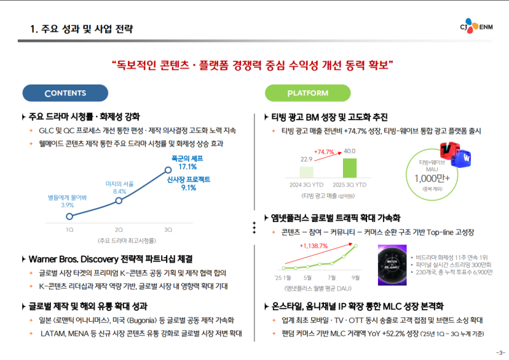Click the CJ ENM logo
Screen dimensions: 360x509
click(x=478, y=27)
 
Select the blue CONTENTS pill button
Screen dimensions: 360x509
click(x=65, y=93)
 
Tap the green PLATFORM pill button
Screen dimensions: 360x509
click(x=308, y=93)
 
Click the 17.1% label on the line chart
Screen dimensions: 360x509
click(x=183, y=167)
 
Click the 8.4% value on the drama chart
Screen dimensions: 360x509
click(x=120, y=191)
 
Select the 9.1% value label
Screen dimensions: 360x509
click(x=188, y=188)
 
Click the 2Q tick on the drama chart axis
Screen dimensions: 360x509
click(x=119, y=229)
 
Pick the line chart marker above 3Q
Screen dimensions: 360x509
click(x=168, y=170)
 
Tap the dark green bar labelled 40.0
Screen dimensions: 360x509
click(x=350, y=167)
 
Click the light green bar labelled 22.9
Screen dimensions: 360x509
click(x=306, y=171)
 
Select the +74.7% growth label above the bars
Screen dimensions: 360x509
click(x=324, y=152)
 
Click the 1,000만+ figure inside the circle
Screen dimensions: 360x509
click(x=432, y=178)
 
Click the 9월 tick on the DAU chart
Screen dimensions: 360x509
click(x=355, y=277)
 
